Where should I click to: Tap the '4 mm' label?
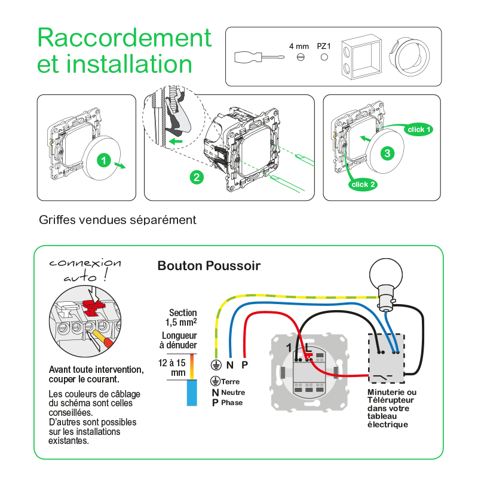[299, 45]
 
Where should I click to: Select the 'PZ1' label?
[324, 45]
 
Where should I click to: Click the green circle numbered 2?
[195, 177]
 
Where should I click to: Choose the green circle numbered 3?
[388, 153]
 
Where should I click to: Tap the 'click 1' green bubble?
[418, 129]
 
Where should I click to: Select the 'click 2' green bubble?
[363, 185]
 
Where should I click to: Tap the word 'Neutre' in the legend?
[233, 393]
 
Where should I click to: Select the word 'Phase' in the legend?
[232, 403]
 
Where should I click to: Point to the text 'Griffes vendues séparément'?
[117, 220]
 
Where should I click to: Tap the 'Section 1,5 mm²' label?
[183, 317]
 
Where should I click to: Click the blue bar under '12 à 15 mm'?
[192, 393]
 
